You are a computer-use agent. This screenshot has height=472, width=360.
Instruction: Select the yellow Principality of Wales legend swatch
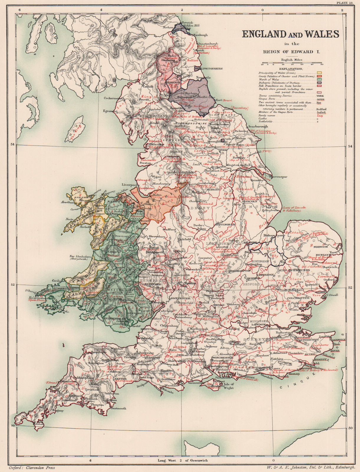coord(319,73)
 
